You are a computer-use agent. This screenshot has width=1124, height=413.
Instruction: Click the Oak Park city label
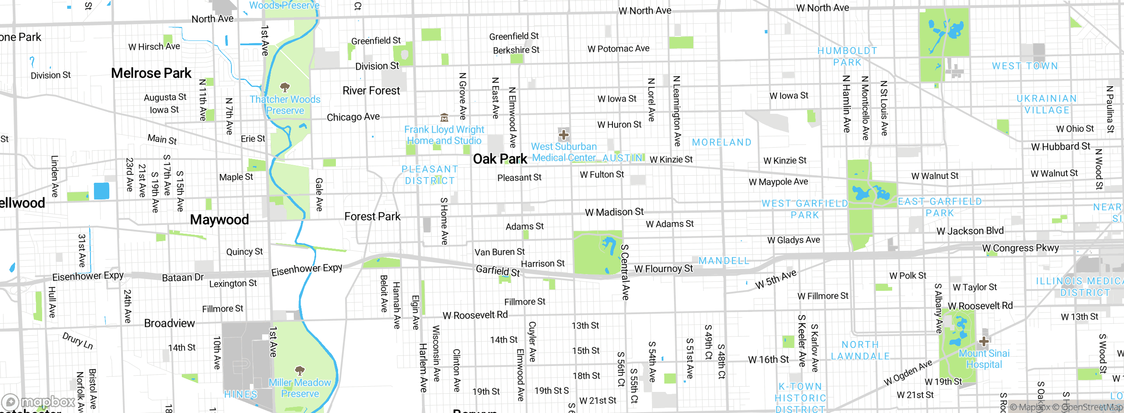click(500, 159)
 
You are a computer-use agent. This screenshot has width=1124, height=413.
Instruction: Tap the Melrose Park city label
click(151, 73)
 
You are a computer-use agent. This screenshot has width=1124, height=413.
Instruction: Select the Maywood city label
click(219, 219)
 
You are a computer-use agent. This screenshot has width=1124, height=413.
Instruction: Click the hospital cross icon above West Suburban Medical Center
click(564, 134)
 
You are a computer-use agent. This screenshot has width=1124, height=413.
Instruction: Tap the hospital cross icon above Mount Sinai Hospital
click(983, 341)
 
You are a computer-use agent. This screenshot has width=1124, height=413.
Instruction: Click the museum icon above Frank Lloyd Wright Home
click(444, 117)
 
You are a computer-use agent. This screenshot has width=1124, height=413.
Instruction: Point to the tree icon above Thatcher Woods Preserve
click(285, 87)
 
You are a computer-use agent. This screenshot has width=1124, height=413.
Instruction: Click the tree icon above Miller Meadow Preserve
click(299, 370)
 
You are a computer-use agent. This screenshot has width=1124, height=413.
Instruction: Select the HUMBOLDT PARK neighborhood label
click(847, 57)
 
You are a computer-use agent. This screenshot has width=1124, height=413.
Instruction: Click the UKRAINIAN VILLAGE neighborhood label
click(1047, 104)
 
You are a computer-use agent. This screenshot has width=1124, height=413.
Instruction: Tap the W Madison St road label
click(614, 212)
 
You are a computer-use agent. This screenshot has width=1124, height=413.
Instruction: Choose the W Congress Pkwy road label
click(1020, 248)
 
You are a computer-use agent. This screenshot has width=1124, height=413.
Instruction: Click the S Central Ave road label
click(625, 272)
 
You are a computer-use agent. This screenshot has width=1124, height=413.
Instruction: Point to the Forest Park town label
click(372, 217)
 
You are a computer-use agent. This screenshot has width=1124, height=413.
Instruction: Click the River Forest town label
click(371, 91)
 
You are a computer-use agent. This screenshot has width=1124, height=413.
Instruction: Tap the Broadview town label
click(169, 323)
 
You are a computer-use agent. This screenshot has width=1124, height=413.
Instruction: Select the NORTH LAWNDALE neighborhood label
click(860, 351)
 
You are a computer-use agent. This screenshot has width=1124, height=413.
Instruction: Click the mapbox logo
click(39, 402)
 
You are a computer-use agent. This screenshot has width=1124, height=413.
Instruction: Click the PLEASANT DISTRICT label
click(430, 175)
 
